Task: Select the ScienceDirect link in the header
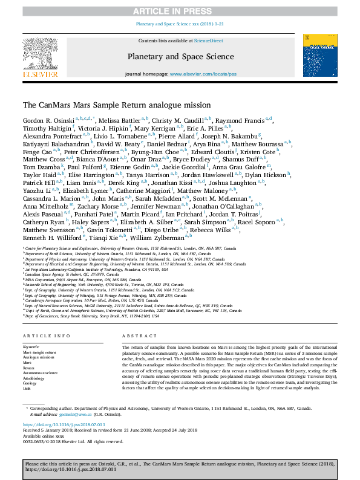click(x=208, y=41)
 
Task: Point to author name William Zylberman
click(x=174, y=255)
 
